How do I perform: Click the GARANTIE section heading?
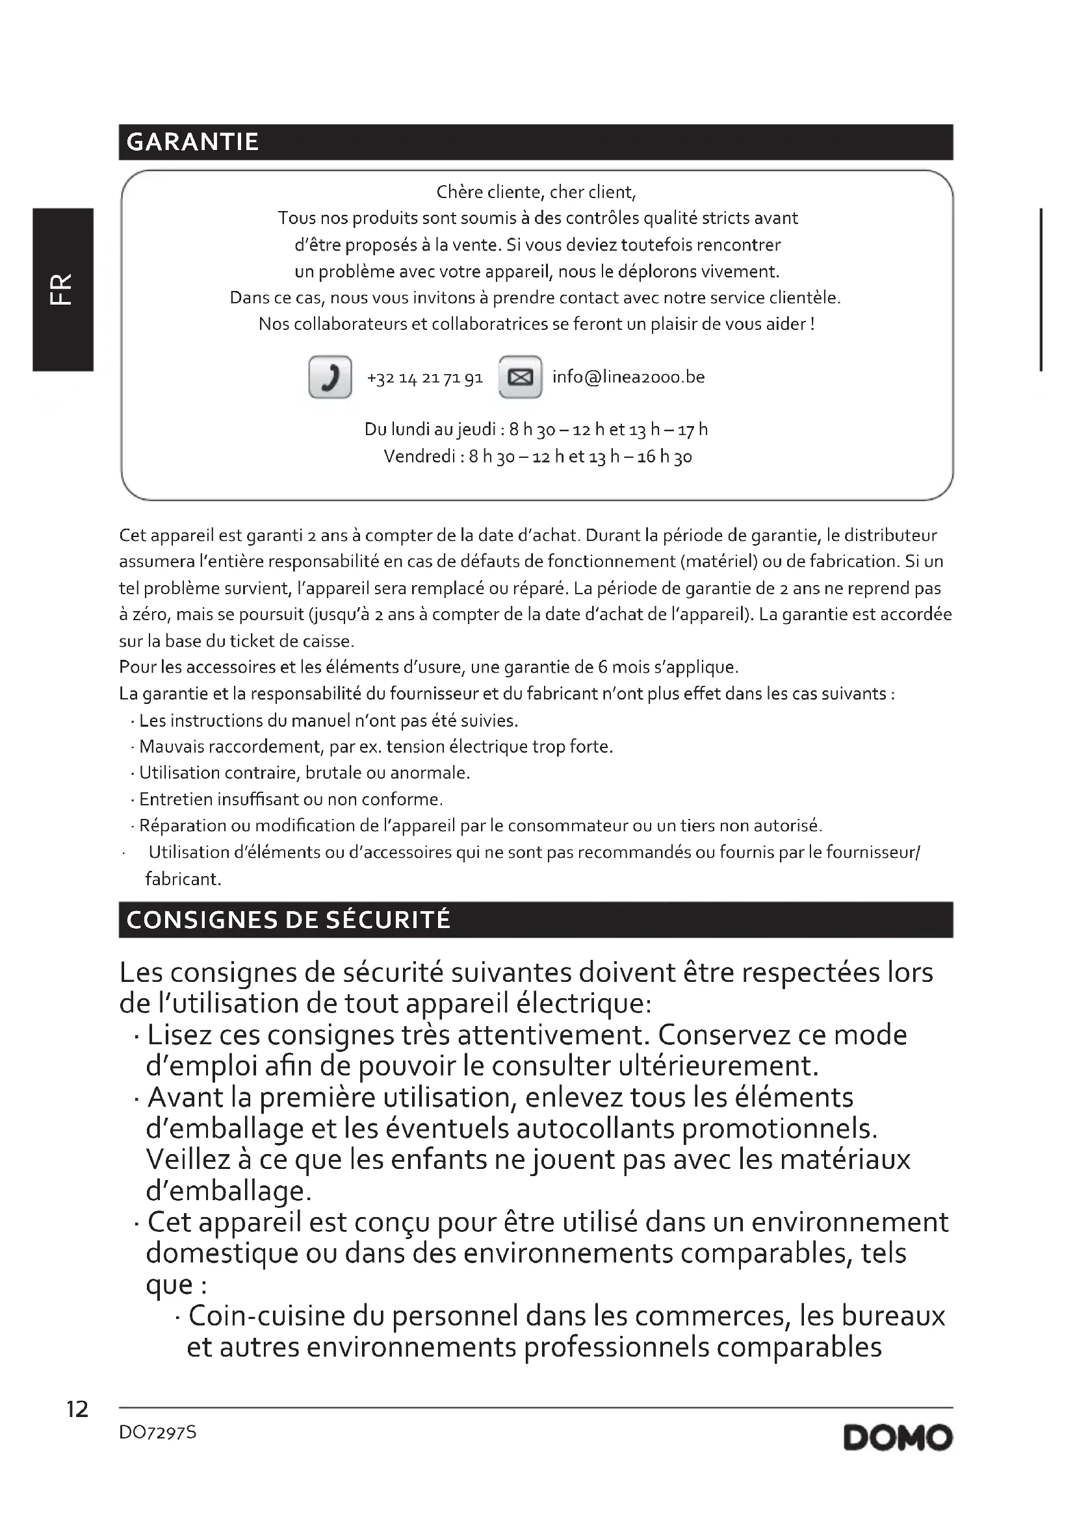click(x=192, y=142)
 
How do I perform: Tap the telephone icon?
click(x=330, y=377)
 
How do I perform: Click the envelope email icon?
click(x=520, y=377)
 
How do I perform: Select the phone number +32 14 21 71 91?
click(x=424, y=378)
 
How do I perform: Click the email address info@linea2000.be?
click(x=628, y=377)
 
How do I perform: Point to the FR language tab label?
click(x=62, y=289)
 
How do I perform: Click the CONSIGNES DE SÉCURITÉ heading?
click(x=289, y=920)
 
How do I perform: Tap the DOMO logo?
click(x=898, y=1438)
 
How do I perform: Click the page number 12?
click(x=77, y=1409)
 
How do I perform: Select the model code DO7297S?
click(x=157, y=1433)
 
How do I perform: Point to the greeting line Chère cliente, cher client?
click(x=536, y=192)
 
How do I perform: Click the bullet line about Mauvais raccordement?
click(x=375, y=747)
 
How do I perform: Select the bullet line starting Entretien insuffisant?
click(x=291, y=799)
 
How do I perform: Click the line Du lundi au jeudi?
click(x=536, y=430)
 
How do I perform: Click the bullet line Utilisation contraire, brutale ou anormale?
click(x=304, y=773)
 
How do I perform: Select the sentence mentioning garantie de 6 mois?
click(x=428, y=667)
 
